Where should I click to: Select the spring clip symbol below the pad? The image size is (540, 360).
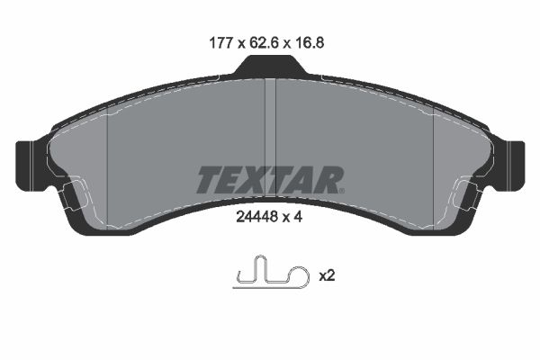pos(267,274)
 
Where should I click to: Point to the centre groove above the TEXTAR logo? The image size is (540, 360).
pos(270,117)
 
